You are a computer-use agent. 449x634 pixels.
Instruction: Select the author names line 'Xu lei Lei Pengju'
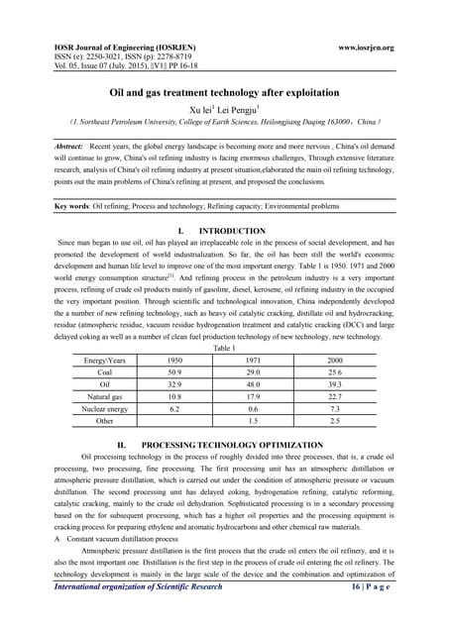click(x=224, y=109)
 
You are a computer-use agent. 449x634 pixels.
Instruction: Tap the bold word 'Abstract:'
click(x=75, y=146)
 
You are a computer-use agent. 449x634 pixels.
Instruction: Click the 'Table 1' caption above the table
click(x=225, y=349)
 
